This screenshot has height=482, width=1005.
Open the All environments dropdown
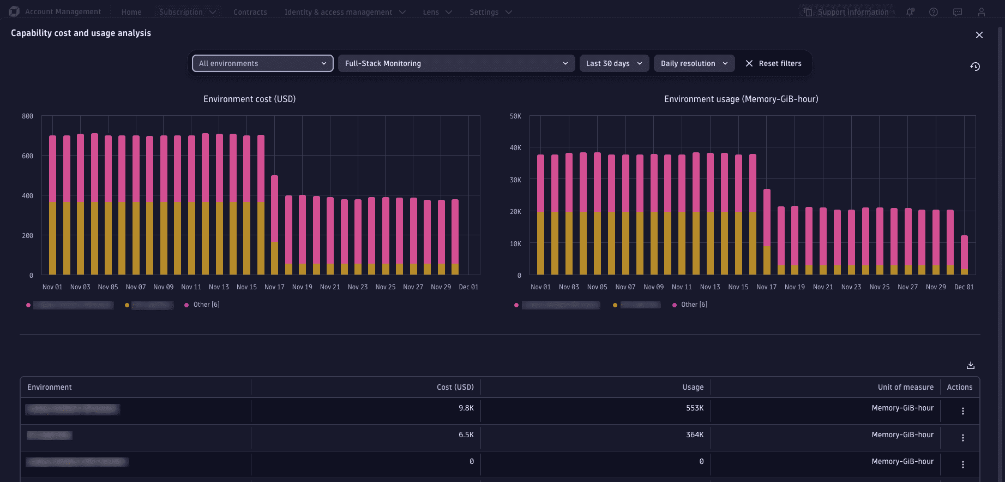click(x=262, y=63)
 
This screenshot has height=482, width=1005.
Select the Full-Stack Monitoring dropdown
click(x=456, y=63)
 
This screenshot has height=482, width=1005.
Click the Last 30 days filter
click(x=614, y=63)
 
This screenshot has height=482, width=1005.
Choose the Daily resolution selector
click(x=694, y=63)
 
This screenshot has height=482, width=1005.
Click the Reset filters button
click(x=773, y=63)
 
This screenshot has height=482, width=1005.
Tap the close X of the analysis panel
click(x=979, y=35)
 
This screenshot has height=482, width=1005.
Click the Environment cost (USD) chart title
click(x=249, y=99)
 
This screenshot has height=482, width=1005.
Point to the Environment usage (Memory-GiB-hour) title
click(x=741, y=99)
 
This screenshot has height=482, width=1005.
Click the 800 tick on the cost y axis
click(x=27, y=116)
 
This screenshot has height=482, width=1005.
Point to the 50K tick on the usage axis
click(x=515, y=116)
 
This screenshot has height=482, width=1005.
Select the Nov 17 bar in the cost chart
click(x=274, y=225)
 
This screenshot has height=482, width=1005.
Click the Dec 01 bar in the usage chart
click(x=964, y=255)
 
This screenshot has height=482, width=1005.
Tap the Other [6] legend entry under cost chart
click(x=206, y=305)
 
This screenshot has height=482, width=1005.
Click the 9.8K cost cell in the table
click(x=466, y=408)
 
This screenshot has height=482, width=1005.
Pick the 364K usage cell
click(x=694, y=435)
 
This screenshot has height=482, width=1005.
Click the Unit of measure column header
click(x=905, y=387)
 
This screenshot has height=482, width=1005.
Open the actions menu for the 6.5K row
click(x=962, y=438)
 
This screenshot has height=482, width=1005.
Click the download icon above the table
click(x=970, y=365)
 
